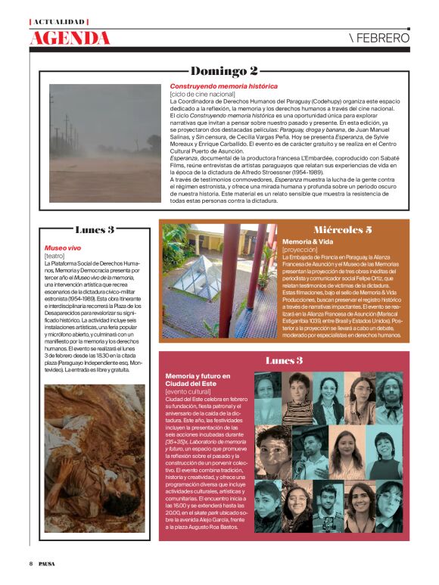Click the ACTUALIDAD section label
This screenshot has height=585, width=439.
59,22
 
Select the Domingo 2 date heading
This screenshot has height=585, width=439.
224,71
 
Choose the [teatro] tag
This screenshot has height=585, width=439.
55,255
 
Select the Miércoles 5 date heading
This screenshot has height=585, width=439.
342,229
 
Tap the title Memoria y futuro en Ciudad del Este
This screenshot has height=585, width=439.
198,380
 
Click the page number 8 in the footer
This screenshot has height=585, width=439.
31,563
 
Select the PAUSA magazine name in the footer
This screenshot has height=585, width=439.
47,563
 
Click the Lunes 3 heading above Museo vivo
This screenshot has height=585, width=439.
95,229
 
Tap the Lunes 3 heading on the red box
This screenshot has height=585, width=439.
284,360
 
